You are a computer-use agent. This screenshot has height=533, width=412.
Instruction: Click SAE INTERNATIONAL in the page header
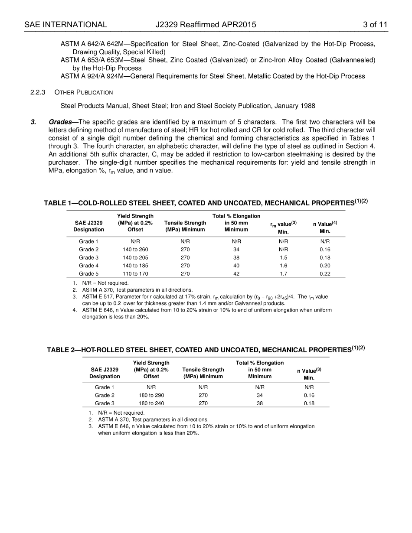tap(65, 25)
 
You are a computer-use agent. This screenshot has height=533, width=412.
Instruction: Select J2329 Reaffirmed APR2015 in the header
tap(206, 25)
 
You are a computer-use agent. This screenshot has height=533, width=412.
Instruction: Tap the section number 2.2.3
tap(38, 92)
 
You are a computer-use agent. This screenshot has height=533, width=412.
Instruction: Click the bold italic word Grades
tap(60, 122)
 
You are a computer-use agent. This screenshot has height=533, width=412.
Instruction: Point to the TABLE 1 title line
tap(206, 203)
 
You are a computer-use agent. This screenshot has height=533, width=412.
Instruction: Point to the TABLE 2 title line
tap(206, 350)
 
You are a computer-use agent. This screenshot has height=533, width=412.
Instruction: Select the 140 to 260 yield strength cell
tap(135, 250)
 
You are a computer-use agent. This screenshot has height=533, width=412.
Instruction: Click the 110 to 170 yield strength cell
tap(135, 274)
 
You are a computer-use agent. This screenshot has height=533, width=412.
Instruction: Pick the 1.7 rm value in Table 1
tap(283, 274)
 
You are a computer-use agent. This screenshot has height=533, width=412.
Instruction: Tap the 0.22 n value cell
tap(325, 274)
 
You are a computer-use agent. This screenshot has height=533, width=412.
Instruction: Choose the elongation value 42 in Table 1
tap(236, 274)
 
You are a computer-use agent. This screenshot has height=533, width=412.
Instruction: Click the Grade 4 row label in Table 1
tap(88, 266)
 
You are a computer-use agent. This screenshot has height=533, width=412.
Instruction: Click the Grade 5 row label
tap(88, 274)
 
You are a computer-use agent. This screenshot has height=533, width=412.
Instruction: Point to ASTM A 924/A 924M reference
tap(94, 76)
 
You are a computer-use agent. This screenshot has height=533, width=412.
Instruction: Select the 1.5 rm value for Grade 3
tap(283, 258)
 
